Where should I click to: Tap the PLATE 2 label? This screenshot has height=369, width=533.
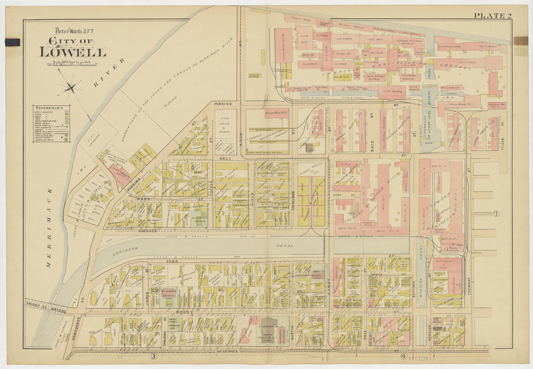pos(492,15)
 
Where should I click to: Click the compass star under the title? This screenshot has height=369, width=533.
pos(70,88)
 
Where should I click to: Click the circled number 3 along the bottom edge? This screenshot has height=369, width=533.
pos(154,357)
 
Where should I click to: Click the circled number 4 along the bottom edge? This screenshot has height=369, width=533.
pos(403,357)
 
